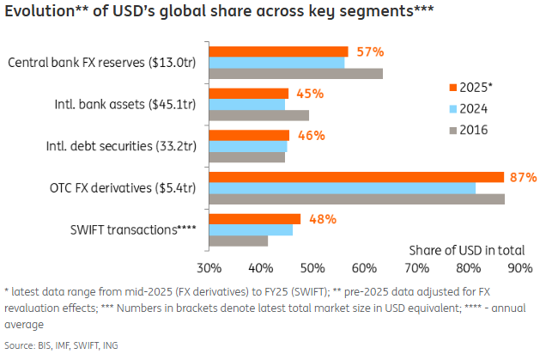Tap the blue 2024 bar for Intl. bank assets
[x=247, y=104]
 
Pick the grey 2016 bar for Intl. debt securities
[x=247, y=156]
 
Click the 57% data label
[x=370, y=52]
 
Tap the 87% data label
[x=522, y=177]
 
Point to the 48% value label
[x=322, y=218]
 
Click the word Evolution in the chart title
[x=38, y=12]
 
